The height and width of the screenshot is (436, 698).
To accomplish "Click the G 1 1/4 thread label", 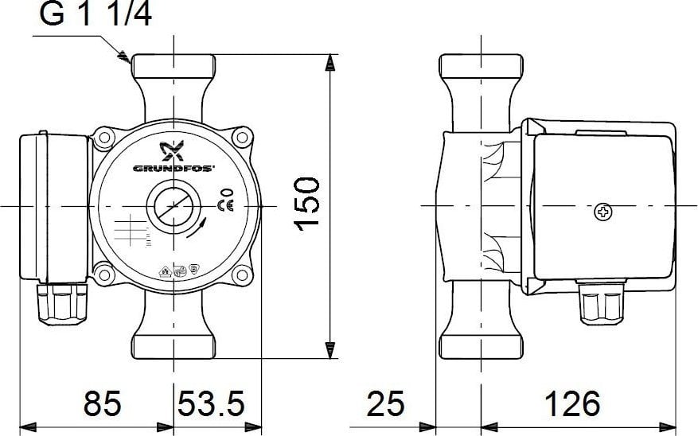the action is pyautogui.click(x=96, y=14).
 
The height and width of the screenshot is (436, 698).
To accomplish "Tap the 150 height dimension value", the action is pyautogui.click(x=307, y=204).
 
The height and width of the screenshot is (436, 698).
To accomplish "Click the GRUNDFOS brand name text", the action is pyautogui.click(x=174, y=169).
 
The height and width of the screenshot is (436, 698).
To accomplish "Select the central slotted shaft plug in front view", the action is pyautogui.click(x=174, y=206).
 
